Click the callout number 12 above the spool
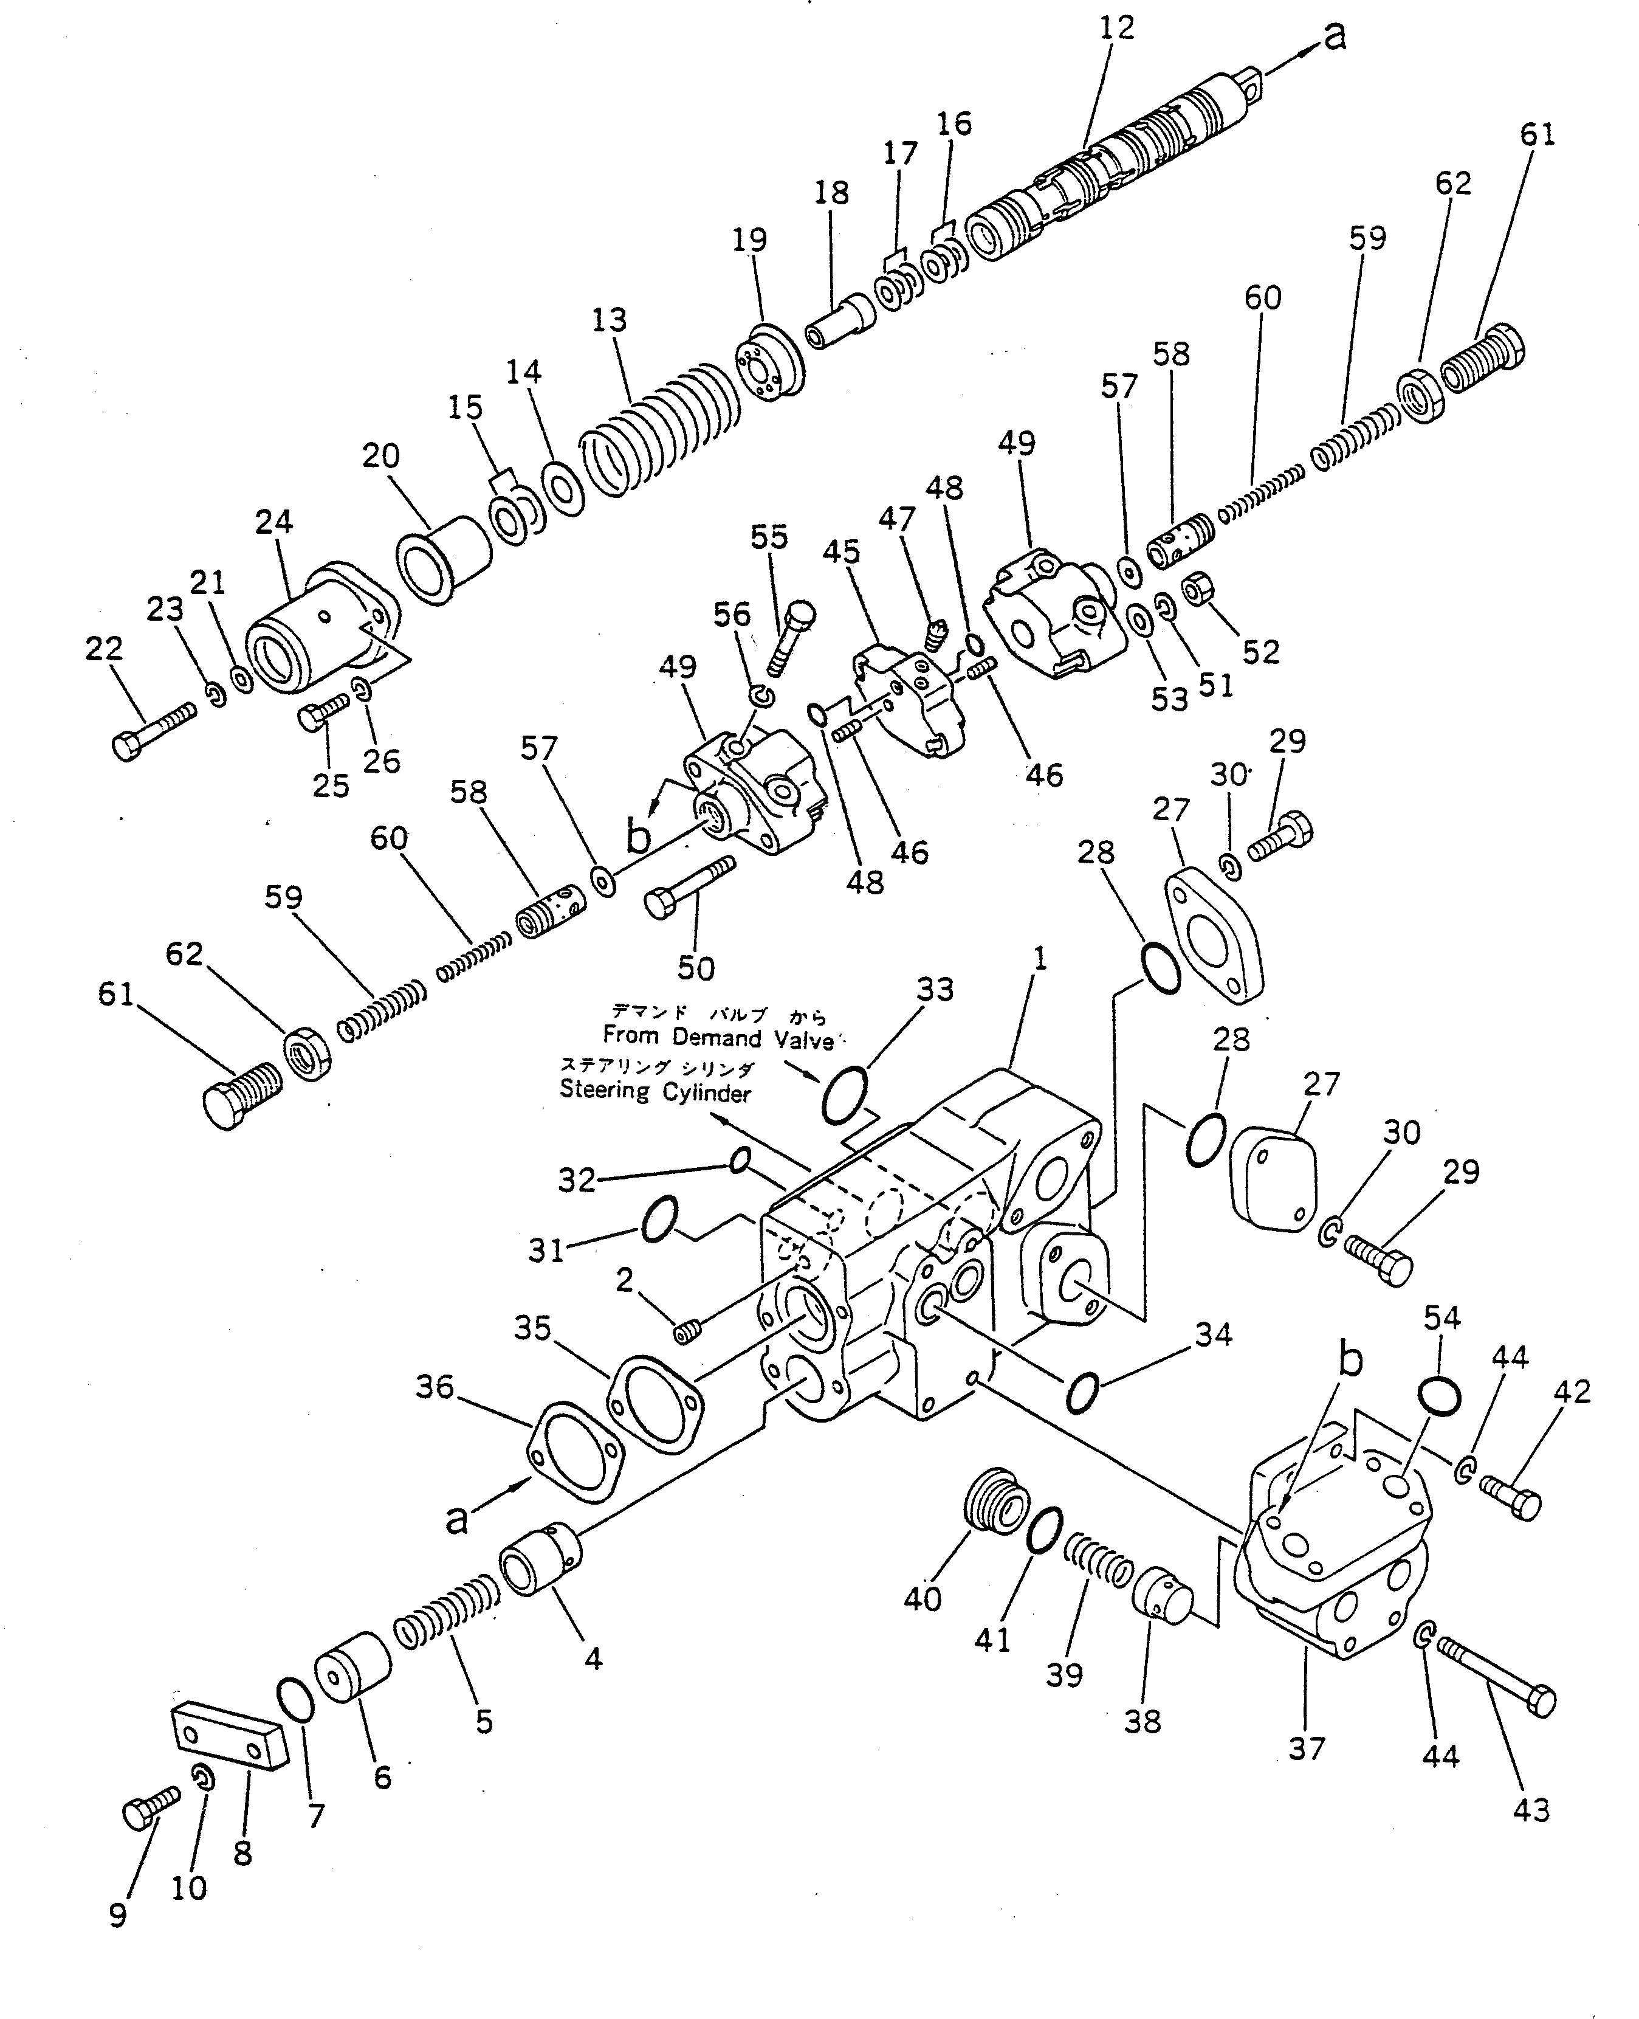click(1117, 27)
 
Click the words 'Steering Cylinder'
click(655, 1092)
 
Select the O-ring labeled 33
click(844, 1096)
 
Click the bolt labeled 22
click(153, 730)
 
